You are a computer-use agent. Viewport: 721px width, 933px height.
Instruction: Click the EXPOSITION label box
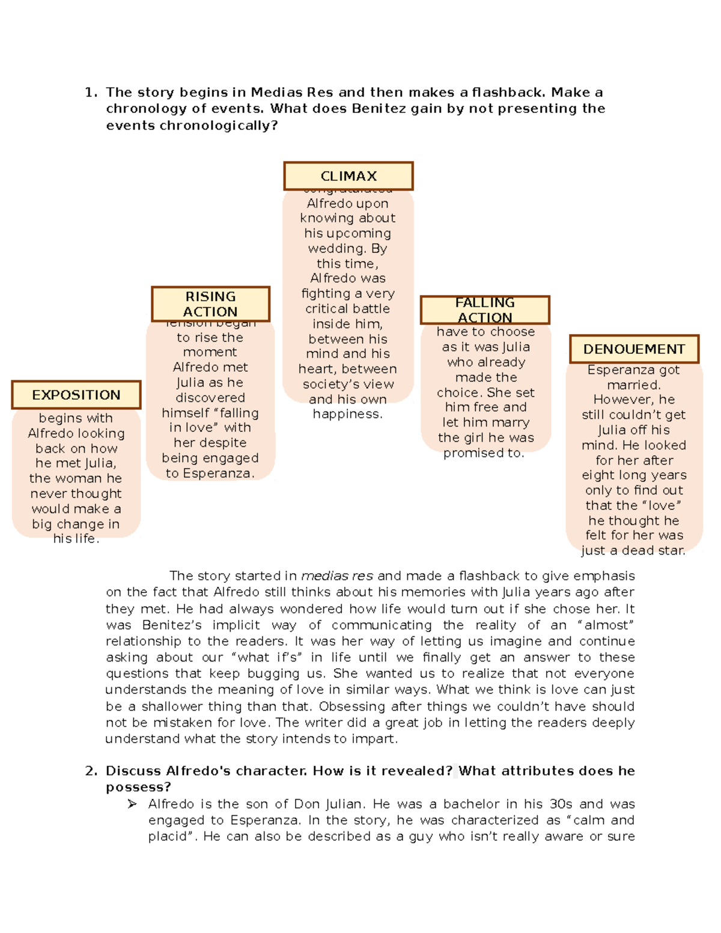pyautogui.click(x=76, y=395)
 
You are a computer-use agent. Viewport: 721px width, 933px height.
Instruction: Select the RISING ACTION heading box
pyautogui.click(x=210, y=304)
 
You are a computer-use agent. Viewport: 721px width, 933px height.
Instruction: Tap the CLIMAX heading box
pyautogui.click(x=348, y=176)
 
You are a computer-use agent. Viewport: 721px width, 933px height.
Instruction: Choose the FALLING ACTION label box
pyautogui.click(x=485, y=310)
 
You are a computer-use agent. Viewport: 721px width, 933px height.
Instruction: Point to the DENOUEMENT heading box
pyautogui.click(x=634, y=349)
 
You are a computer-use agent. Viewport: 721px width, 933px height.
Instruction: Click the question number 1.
pyautogui.click(x=91, y=93)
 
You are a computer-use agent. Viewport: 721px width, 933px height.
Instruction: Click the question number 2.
pyautogui.click(x=91, y=771)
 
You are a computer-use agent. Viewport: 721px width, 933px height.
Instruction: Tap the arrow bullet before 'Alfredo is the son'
pyautogui.click(x=132, y=804)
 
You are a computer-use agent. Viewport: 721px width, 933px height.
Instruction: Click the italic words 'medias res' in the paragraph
pyautogui.click(x=337, y=576)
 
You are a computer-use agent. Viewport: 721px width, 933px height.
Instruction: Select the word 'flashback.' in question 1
pyautogui.click(x=509, y=93)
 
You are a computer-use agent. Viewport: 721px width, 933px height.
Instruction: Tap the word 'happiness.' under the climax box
pyautogui.click(x=347, y=414)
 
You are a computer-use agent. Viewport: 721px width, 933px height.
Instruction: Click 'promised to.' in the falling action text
pyautogui.click(x=484, y=453)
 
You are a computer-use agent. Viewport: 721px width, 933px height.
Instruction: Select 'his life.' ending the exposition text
pyautogui.click(x=76, y=539)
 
